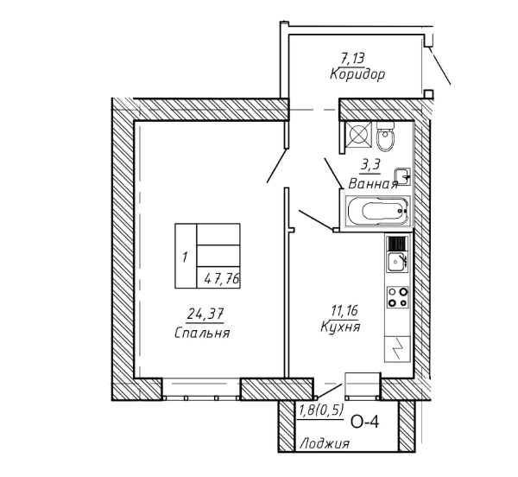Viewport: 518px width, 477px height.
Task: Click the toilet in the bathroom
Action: (385, 137)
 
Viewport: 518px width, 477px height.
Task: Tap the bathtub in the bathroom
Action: (376, 212)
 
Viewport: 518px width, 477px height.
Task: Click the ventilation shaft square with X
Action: (358, 135)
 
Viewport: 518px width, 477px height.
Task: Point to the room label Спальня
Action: (201, 333)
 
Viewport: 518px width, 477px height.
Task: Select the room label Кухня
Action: (340, 327)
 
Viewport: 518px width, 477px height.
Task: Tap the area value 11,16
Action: (339, 308)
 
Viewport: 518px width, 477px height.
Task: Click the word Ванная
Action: (372, 183)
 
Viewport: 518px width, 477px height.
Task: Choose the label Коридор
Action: (357, 74)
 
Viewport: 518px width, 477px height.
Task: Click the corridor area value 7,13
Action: (351, 58)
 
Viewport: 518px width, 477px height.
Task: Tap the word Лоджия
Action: (325, 444)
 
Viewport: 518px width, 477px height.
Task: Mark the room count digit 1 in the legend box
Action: (185, 257)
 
